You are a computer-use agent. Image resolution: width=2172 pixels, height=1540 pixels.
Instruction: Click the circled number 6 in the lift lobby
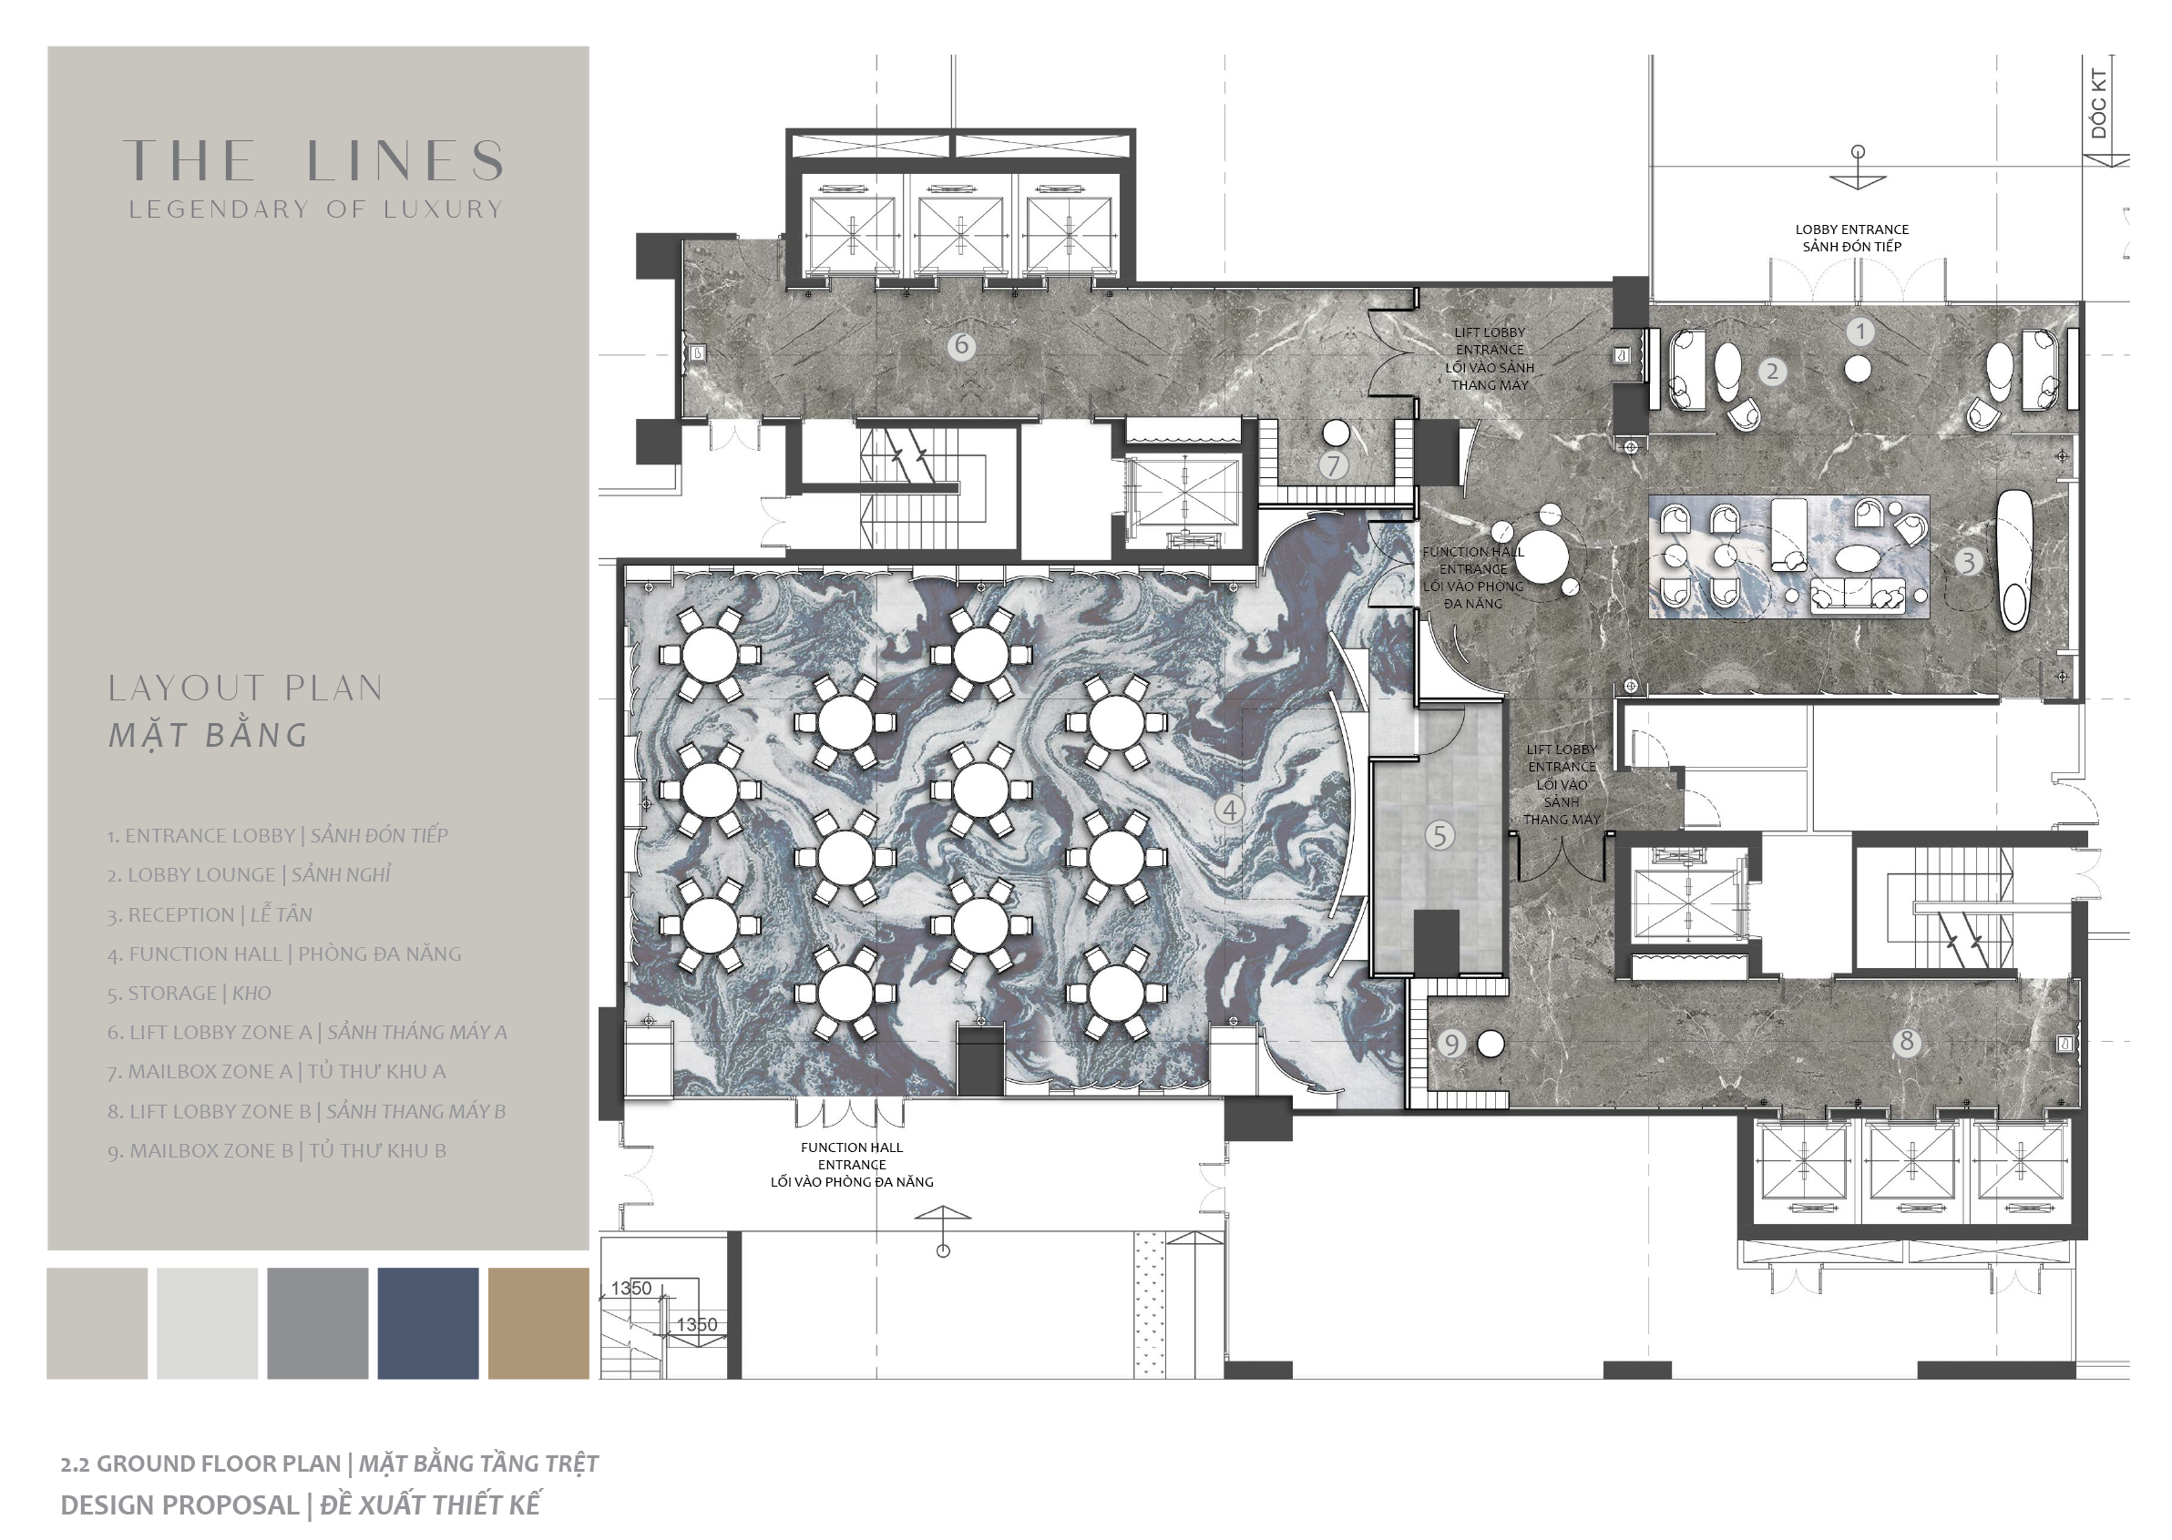[962, 345]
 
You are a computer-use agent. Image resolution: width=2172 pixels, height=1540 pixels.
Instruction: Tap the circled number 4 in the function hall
[1230, 810]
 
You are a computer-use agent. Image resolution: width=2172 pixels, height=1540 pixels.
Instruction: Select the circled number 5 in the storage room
[1439, 835]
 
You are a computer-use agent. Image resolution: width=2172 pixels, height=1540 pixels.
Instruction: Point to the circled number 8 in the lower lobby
[1907, 1042]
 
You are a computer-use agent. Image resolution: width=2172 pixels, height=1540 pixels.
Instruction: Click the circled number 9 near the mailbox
[1451, 1044]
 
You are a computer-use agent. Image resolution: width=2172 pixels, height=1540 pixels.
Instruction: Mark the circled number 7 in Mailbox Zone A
[1334, 465]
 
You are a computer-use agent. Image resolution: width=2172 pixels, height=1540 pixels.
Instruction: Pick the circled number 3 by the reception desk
[1968, 562]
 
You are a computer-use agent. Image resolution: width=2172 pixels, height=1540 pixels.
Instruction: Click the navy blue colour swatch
[428, 1323]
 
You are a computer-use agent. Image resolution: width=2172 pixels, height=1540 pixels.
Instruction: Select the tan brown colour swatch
[538, 1323]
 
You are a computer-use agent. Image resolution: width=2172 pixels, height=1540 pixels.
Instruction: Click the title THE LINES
[314, 160]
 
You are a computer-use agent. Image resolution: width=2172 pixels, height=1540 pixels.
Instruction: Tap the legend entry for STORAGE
[189, 993]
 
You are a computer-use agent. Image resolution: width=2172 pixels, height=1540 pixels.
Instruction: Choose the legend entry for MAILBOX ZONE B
[276, 1150]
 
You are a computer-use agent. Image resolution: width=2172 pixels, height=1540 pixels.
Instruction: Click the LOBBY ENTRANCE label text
[1851, 229]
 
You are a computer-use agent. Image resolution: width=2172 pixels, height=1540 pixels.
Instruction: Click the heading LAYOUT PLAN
[246, 688]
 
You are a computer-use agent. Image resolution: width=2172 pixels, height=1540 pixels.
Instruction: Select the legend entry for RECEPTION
[210, 915]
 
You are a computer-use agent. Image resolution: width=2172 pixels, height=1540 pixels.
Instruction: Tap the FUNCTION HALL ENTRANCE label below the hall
[852, 1165]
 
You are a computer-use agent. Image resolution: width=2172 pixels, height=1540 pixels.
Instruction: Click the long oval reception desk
[2013, 560]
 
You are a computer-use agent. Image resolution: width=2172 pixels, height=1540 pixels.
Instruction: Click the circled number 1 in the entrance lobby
[1860, 331]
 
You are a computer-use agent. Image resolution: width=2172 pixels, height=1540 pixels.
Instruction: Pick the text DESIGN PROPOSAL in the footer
[179, 1504]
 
